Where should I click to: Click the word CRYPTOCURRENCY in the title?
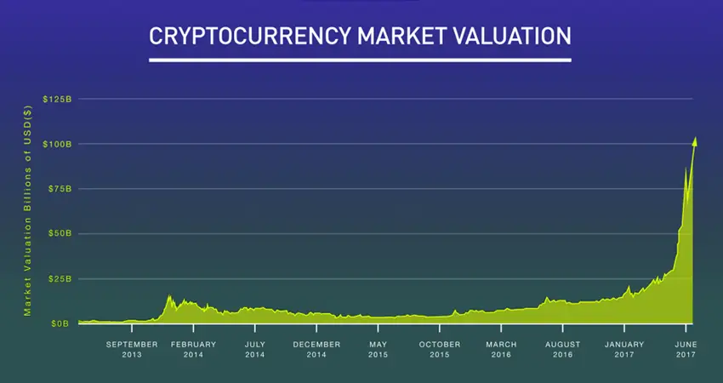(x=249, y=36)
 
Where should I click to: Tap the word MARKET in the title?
(x=401, y=36)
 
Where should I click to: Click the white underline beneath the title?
(x=360, y=60)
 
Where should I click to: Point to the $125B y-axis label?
(x=57, y=99)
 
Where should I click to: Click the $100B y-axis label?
(x=57, y=144)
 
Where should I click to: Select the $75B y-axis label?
(x=59, y=189)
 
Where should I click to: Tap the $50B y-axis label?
(x=59, y=233)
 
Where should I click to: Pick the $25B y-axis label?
(x=59, y=278)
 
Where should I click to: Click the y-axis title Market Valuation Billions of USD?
(x=28, y=211)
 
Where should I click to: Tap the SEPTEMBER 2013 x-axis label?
(x=132, y=349)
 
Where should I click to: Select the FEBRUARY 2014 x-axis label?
(x=193, y=349)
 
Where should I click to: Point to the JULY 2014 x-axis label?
(x=255, y=349)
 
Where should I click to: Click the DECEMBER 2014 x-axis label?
(x=316, y=349)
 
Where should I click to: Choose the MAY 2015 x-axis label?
(x=379, y=349)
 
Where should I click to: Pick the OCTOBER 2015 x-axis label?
(x=440, y=349)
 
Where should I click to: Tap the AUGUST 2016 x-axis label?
(x=562, y=349)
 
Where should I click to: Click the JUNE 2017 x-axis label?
(x=686, y=349)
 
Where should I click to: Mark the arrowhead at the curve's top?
(x=695, y=141)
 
